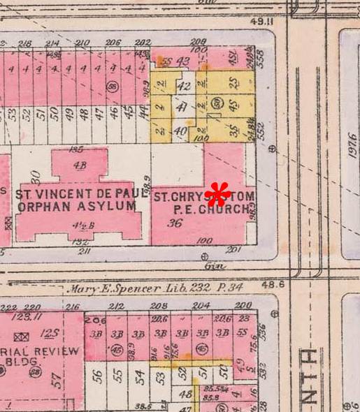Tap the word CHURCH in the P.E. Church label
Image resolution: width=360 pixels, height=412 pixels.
(x=225, y=208)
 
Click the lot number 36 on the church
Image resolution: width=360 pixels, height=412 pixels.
(x=174, y=224)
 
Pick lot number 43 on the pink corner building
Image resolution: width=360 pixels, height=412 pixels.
(x=183, y=61)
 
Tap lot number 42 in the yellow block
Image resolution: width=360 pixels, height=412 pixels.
(x=184, y=87)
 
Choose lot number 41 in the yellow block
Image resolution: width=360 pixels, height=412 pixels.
(x=182, y=108)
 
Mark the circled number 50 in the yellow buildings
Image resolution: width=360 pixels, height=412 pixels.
(x=217, y=104)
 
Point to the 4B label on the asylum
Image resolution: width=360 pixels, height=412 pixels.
(x=78, y=165)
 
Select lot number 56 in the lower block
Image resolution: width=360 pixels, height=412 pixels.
(x=98, y=376)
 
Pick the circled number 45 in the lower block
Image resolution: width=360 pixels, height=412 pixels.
(x=116, y=349)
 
